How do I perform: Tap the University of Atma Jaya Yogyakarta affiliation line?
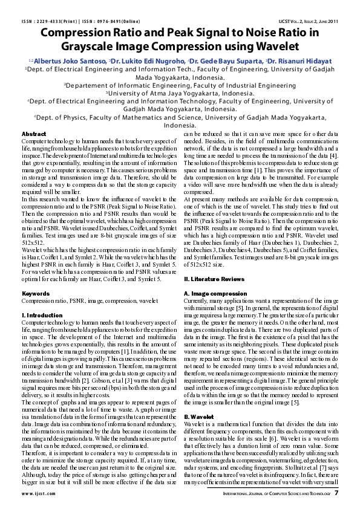[180, 94]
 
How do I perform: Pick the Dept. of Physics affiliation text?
[180, 117]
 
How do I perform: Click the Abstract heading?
[34, 134]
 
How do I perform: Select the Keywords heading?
[36, 293]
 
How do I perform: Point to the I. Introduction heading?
[42, 316]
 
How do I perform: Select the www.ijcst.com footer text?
[41, 493]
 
